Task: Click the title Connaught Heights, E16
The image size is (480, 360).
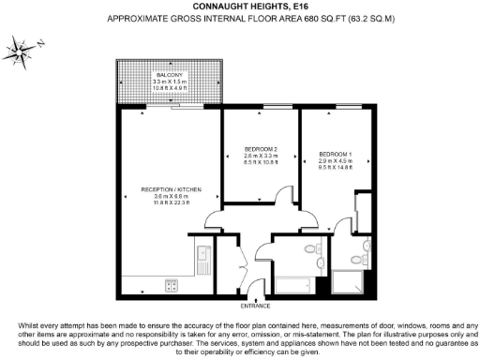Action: [240, 7]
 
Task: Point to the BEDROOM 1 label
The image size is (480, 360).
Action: [334, 154]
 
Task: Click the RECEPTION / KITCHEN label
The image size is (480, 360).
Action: [164, 187]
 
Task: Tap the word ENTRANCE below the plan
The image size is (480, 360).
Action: [255, 306]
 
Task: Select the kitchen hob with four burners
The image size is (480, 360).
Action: [172, 284]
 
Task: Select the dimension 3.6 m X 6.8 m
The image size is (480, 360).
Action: [164, 195]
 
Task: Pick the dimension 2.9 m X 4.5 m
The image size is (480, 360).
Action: [334, 161]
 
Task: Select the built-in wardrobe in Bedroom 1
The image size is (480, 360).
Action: [362, 211]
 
